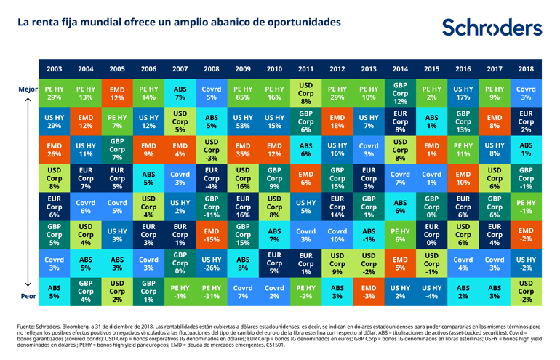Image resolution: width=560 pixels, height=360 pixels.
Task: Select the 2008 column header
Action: point(211,69)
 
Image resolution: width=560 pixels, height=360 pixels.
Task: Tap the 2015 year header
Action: point(431,69)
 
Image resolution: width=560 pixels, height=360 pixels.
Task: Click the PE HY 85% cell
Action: point(242,93)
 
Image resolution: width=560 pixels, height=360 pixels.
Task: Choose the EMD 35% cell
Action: point(242,151)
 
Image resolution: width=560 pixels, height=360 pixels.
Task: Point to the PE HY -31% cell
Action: point(211,291)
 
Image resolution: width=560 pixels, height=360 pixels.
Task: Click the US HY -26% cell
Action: point(211,263)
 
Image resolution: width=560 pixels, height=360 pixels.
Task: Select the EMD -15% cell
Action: point(211,235)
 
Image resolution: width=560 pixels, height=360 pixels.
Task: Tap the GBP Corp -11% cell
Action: point(211,207)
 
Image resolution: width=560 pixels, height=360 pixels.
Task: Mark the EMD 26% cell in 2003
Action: point(54,151)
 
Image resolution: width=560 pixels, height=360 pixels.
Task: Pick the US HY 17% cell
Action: point(463,93)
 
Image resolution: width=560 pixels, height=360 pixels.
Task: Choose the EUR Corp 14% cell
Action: point(337,207)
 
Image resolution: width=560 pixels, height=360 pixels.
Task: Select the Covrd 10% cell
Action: point(337,235)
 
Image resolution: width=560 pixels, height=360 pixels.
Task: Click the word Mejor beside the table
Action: point(28,89)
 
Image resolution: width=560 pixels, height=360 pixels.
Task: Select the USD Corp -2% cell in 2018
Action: point(526,291)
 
